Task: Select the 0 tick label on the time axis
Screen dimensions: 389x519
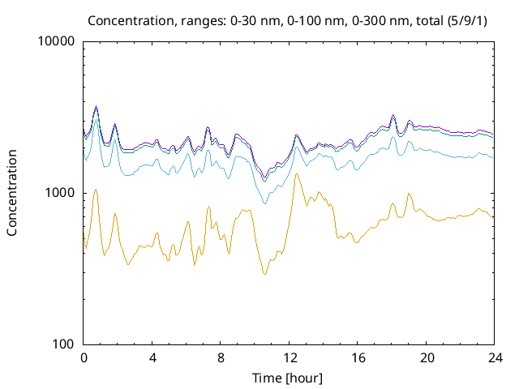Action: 84,357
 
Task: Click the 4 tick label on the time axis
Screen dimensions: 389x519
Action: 152,357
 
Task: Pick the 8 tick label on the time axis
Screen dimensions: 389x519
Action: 221,357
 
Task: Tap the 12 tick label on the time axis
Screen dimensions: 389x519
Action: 289,357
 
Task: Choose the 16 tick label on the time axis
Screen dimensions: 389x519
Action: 357,357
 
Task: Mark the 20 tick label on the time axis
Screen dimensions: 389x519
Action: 426,357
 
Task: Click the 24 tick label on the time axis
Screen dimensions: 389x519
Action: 494,357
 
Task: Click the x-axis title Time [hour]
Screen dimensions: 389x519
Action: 289,377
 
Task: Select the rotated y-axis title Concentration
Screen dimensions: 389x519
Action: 12,193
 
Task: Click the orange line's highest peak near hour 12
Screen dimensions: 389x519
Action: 296,173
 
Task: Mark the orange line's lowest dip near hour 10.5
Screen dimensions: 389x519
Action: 264,275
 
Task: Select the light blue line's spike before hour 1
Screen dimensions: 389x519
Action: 97,121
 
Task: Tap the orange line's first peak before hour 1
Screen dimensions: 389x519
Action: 97,190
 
